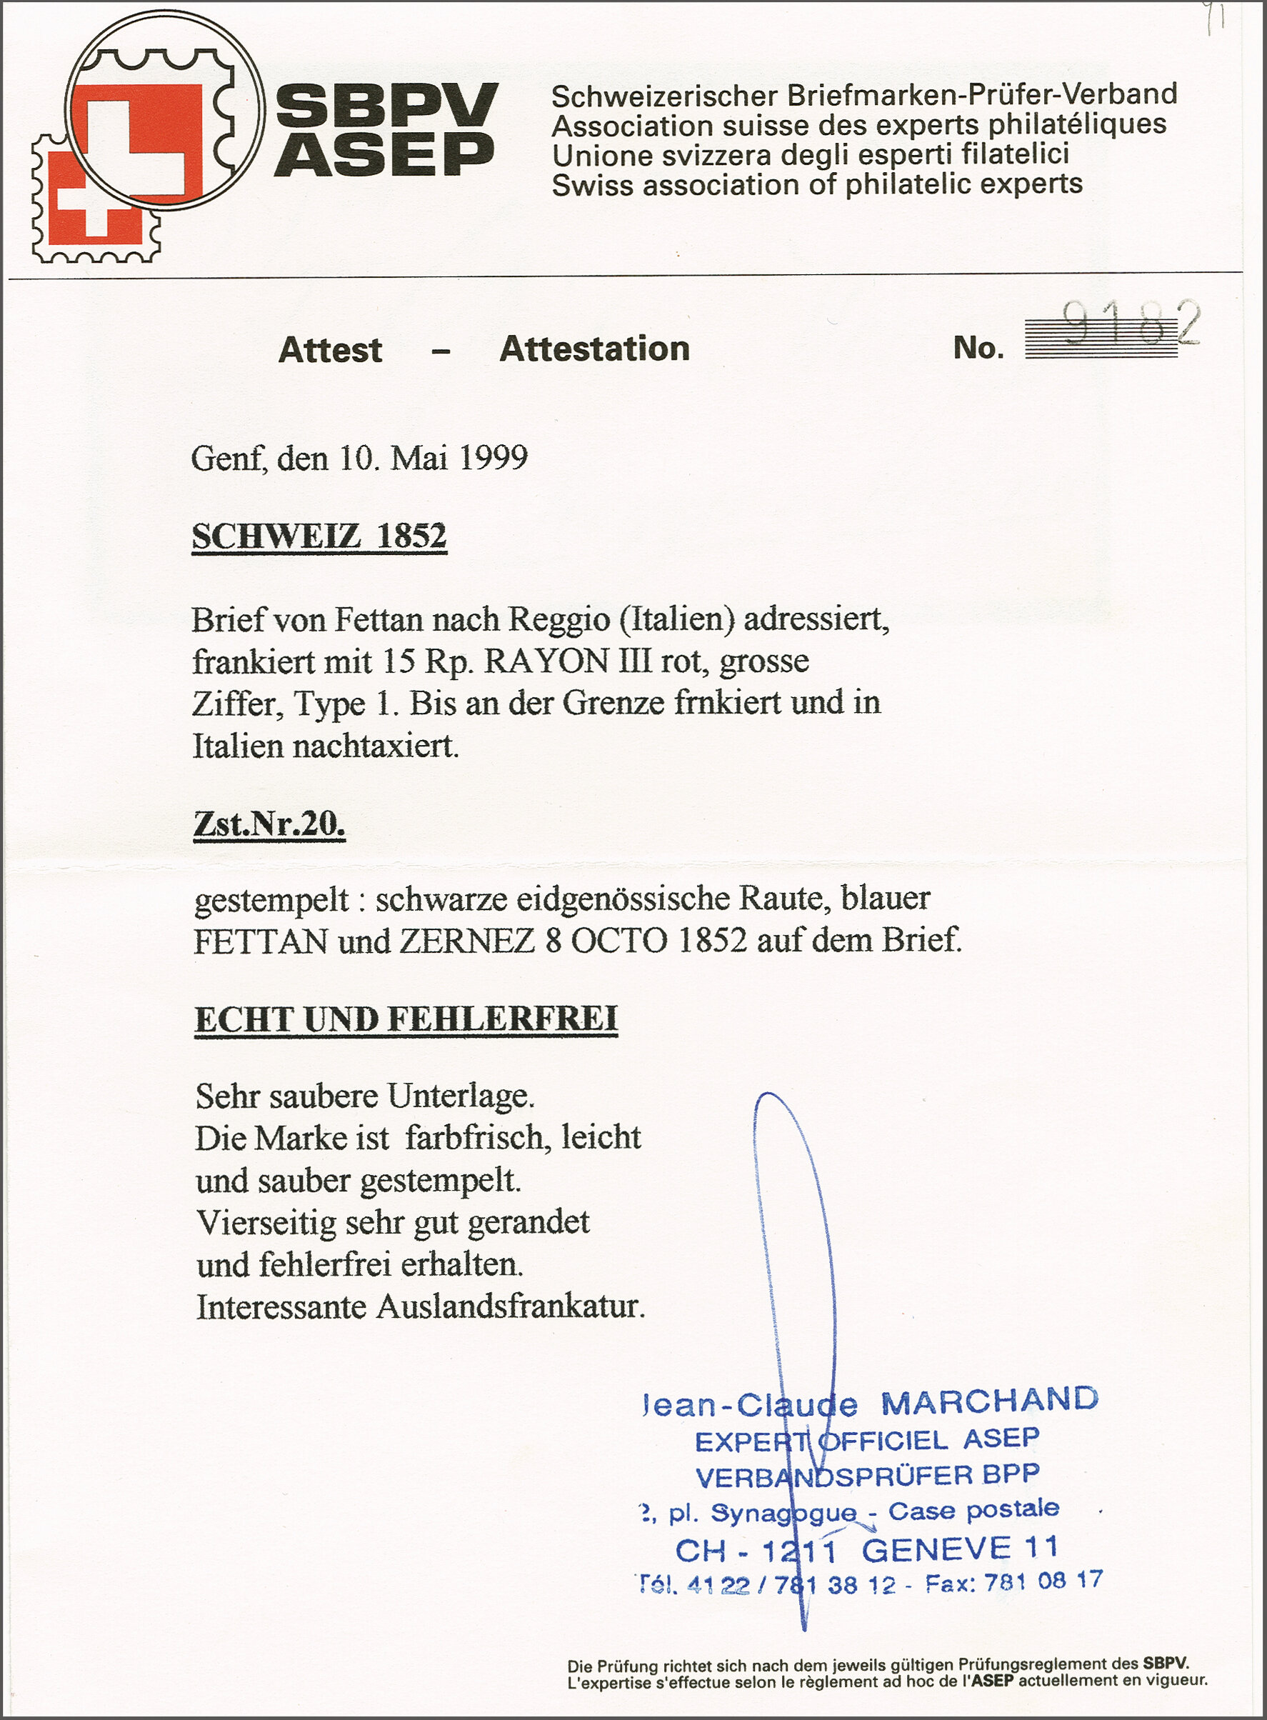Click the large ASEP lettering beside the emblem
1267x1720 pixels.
point(384,154)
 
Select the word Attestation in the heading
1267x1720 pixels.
point(594,349)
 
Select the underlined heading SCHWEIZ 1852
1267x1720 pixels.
point(319,536)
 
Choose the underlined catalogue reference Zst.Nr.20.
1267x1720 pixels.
point(269,824)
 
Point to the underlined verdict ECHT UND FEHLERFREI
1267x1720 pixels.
point(406,1019)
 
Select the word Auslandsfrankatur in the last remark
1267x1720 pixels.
point(509,1307)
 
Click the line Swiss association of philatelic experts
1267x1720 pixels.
point(817,185)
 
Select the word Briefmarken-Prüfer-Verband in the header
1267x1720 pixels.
point(983,95)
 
